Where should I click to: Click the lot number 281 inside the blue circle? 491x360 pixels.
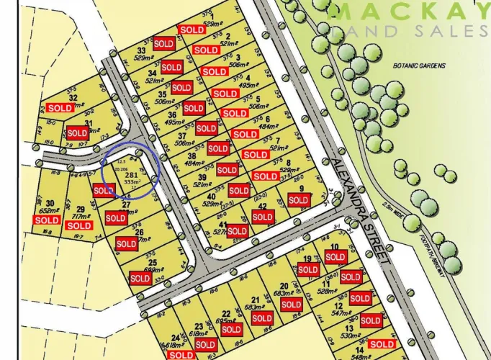131,174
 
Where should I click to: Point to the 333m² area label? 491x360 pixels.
132,183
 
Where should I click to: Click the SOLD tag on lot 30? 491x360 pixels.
48,220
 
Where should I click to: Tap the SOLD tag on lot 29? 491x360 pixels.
79,225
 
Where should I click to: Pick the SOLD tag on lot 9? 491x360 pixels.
297,200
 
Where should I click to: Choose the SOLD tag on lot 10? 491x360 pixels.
335,256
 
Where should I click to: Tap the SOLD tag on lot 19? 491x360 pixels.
308,270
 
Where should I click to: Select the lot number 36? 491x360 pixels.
171,114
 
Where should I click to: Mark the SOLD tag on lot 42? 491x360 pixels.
263,217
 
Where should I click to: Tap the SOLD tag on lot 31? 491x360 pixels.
77,133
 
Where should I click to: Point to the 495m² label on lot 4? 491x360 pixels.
246,86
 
